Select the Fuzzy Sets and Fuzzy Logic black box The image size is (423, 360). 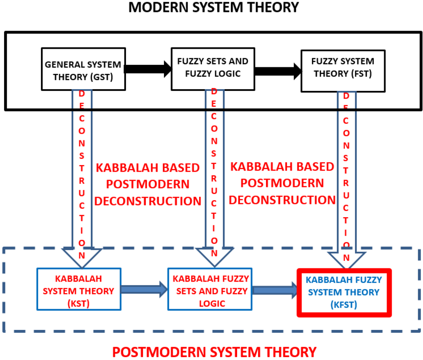point(213,68)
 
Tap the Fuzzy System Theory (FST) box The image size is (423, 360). point(343,71)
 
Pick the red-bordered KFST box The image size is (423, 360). point(344,292)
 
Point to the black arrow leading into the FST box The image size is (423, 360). point(278,71)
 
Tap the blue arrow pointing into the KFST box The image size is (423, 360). point(275,290)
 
